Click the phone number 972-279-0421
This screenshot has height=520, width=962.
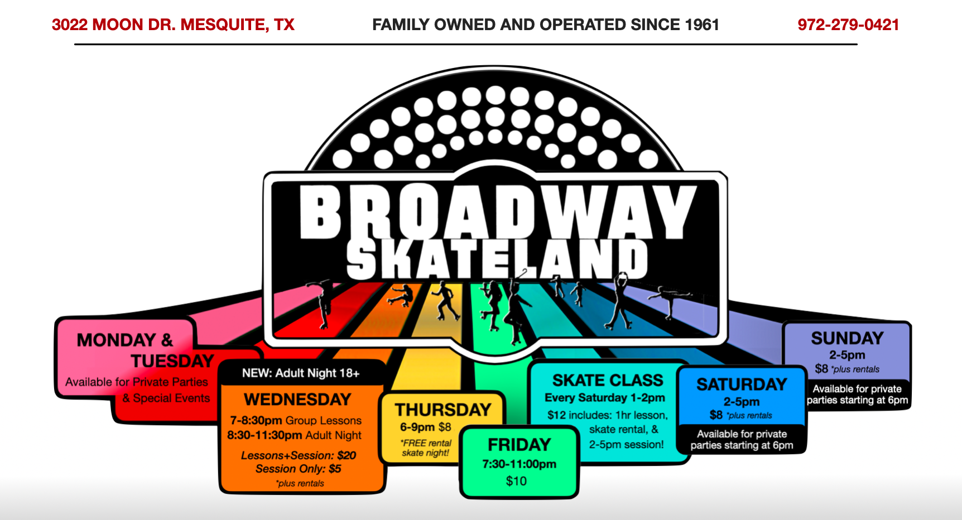point(848,25)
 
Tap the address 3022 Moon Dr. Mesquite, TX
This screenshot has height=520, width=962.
point(173,25)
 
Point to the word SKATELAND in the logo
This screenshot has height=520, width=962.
point(497,259)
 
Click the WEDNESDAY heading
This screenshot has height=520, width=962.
point(297,399)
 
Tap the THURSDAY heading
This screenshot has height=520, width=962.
point(443,410)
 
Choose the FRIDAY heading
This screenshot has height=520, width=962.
point(520,445)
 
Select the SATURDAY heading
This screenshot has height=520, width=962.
point(742,384)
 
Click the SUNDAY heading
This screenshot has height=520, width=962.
point(847,338)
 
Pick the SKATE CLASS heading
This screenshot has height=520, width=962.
point(608,381)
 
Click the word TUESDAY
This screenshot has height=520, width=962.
point(173,361)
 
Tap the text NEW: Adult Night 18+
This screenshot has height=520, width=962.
point(301,373)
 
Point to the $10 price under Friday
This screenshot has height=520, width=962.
point(516,481)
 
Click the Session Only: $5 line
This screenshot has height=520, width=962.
point(299,469)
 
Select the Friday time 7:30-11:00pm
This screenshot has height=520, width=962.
point(520,464)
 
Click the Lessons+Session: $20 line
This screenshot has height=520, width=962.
point(299,455)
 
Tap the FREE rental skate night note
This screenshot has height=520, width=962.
point(426,447)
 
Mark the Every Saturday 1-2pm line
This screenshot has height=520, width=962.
point(605,398)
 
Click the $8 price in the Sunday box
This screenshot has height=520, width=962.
point(821,369)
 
